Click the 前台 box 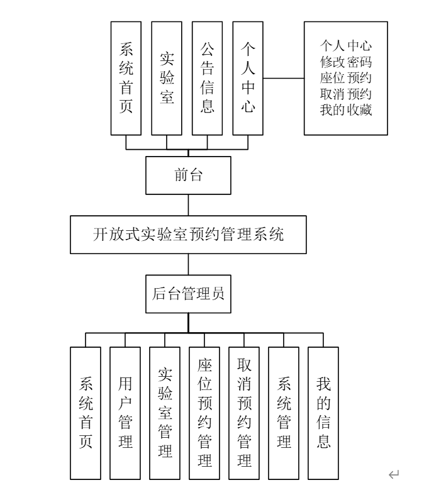[x=189, y=176]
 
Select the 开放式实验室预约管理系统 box [x=189, y=235]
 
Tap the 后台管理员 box [x=189, y=293]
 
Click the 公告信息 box [x=207, y=78]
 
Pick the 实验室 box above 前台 [x=167, y=78]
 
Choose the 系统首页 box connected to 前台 [x=126, y=78]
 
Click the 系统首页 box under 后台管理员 [x=86, y=413]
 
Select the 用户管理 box [x=125, y=413]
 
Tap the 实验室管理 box [x=165, y=413]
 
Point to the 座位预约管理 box [x=204, y=413]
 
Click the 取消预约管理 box [x=244, y=413]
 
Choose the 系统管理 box [x=284, y=413]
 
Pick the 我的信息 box [x=323, y=413]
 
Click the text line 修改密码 [x=345, y=62]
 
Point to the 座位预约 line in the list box [x=345, y=79]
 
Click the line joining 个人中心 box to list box [x=284, y=79]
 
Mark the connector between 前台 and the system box [x=189, y=205]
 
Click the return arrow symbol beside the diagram [x=394, y=474]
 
